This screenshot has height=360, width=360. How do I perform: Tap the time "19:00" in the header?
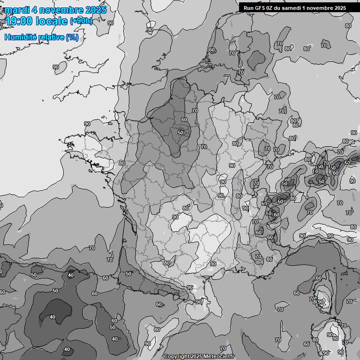(19, 21)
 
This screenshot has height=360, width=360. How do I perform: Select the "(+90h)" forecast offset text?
(81, 21)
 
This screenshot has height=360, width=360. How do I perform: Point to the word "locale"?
(51, 21)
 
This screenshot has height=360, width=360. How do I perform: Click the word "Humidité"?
(19, 37)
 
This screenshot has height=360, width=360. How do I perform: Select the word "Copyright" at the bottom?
(177, 357)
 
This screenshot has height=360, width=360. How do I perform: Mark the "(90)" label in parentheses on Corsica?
(321, 301)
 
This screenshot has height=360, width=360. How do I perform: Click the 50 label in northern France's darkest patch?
(180, 133)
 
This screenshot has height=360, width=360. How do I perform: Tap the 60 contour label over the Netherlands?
(212, 50)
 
